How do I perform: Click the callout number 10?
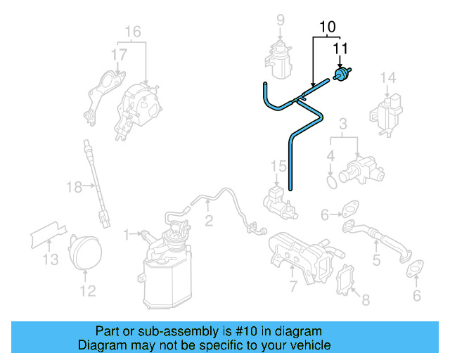(327, 28)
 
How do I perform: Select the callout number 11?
(340, 49)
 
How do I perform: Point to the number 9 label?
(280, 19)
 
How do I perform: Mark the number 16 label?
(133, 32)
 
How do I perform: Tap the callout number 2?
(209, 221)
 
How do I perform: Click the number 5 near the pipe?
(376, 261)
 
